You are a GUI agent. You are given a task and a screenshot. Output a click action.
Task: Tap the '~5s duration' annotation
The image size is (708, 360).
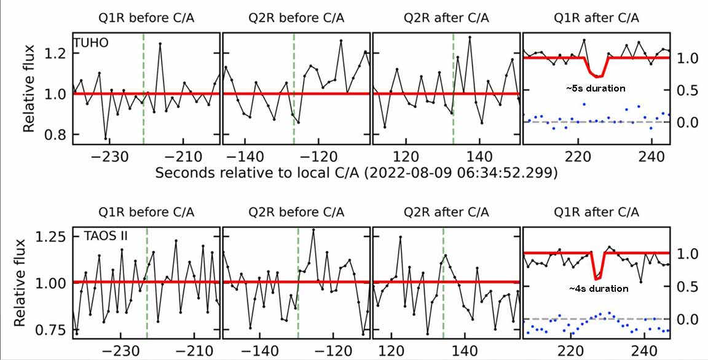click(596, 88)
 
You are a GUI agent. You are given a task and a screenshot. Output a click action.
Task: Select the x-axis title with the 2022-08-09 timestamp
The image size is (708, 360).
click(356, 173)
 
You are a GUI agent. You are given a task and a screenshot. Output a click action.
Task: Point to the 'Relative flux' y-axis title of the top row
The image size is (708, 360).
click(29, 93)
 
